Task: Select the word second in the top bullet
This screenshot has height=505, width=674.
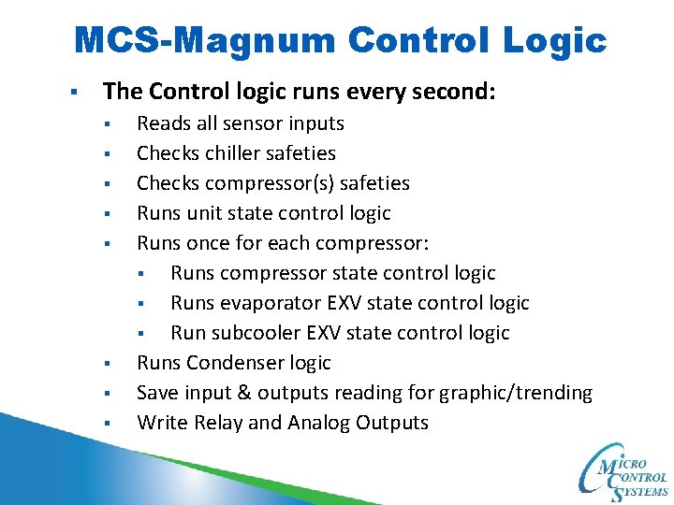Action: coord(454,92)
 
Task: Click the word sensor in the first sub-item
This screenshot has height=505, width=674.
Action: coord(258,123)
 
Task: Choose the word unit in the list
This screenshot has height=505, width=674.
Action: coord(204,213)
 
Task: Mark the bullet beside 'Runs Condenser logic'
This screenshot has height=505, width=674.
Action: coord(109,364)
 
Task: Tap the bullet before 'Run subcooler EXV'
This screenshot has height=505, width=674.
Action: coord(142,334)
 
